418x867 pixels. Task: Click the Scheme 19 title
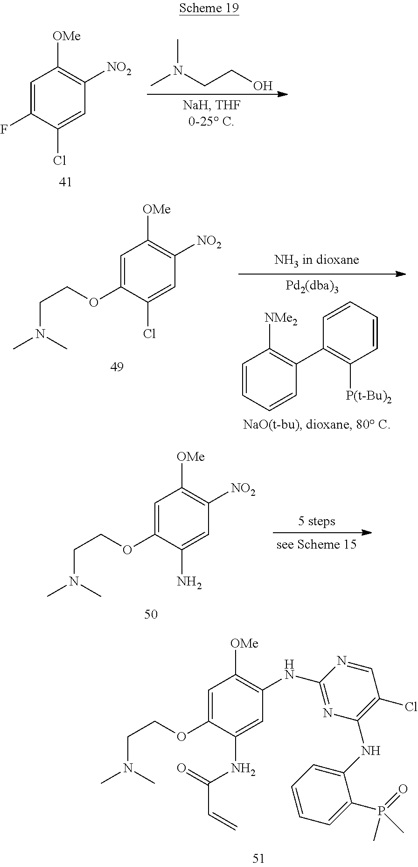(209, 9)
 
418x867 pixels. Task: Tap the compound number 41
(65, 182)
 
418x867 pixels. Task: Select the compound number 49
(117, 367)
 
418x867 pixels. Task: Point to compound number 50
(151, 614)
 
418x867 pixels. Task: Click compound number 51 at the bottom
(258, 857)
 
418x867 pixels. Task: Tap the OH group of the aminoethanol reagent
(263, 86)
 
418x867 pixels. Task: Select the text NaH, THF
(211, 106)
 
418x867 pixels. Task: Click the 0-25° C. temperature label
(211, 123)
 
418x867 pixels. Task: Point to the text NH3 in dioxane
(316, 261)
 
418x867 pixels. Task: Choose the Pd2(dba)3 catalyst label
(312, 286)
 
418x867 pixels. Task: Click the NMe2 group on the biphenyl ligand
(281, 319)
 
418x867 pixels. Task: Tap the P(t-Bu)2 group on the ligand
(368, 397)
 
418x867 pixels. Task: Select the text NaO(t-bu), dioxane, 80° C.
(316, 425)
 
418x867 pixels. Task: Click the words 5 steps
(317, 521)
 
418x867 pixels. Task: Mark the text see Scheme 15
(316, 544)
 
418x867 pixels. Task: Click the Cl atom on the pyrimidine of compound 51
(411, 707)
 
